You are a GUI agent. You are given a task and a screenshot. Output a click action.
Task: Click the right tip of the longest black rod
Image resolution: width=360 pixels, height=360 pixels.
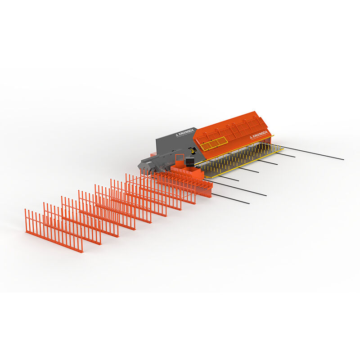tap(343, 159)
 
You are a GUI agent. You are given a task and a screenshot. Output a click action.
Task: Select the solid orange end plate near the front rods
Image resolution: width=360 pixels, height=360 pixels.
tap(207, 189)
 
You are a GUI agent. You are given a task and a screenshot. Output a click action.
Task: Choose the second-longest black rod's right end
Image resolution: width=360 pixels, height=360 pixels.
tap(265, 195)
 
